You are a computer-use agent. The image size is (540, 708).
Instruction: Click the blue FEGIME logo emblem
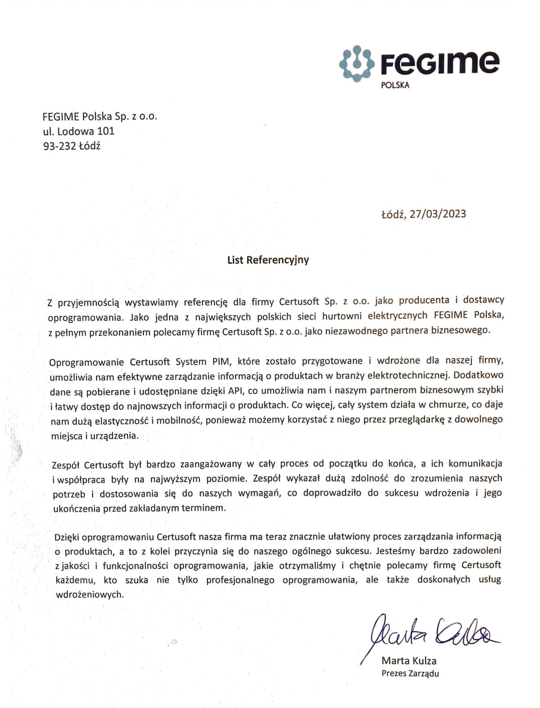[356, 63]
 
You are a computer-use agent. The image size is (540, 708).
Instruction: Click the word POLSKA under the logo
[395, 85]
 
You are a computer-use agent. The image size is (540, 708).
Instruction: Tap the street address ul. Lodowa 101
[79, 131]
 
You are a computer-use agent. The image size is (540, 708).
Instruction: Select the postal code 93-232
[60, 146]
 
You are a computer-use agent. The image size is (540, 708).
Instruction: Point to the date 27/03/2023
[438, 214]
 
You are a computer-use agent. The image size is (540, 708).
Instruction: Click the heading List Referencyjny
[268, 260]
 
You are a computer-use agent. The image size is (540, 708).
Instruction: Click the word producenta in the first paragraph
[424, 300]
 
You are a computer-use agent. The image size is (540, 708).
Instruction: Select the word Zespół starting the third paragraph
[65, 464]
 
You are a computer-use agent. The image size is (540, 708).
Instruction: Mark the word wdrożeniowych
[89, 595]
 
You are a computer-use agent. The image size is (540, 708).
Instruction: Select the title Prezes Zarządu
[410, 673]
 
